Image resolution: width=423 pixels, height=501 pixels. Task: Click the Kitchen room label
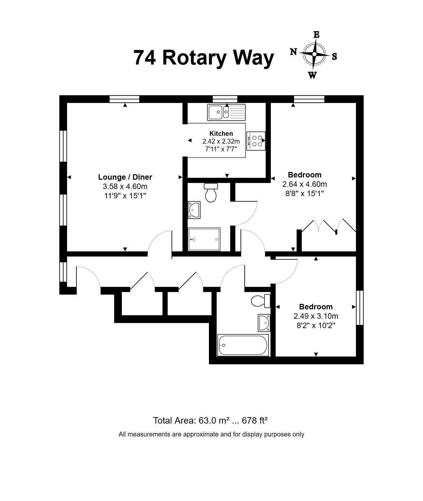221,134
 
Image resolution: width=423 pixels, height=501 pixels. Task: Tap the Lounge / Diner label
125,177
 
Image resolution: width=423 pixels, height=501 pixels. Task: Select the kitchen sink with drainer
226,112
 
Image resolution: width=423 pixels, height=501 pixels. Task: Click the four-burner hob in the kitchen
256,141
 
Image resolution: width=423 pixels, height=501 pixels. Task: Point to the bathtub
243,345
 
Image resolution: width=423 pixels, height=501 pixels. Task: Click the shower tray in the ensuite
204,239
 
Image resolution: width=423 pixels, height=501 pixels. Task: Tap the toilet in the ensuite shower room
211,193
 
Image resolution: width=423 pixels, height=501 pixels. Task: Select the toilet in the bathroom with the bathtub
261,301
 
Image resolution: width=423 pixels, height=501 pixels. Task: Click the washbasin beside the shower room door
194,210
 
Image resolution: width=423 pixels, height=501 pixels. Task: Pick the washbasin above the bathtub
264,323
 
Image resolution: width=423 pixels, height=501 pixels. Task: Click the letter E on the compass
317,35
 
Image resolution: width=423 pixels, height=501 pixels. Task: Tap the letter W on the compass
312,75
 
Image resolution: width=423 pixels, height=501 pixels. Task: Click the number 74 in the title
144,58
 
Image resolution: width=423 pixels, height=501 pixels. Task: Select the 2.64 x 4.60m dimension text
305,184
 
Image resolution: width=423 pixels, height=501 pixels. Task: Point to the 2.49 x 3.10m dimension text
316,316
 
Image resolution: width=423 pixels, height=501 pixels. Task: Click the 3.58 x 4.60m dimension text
125,186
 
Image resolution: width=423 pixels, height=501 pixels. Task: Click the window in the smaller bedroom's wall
360,308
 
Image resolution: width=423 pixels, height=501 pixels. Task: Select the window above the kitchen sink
225,99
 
